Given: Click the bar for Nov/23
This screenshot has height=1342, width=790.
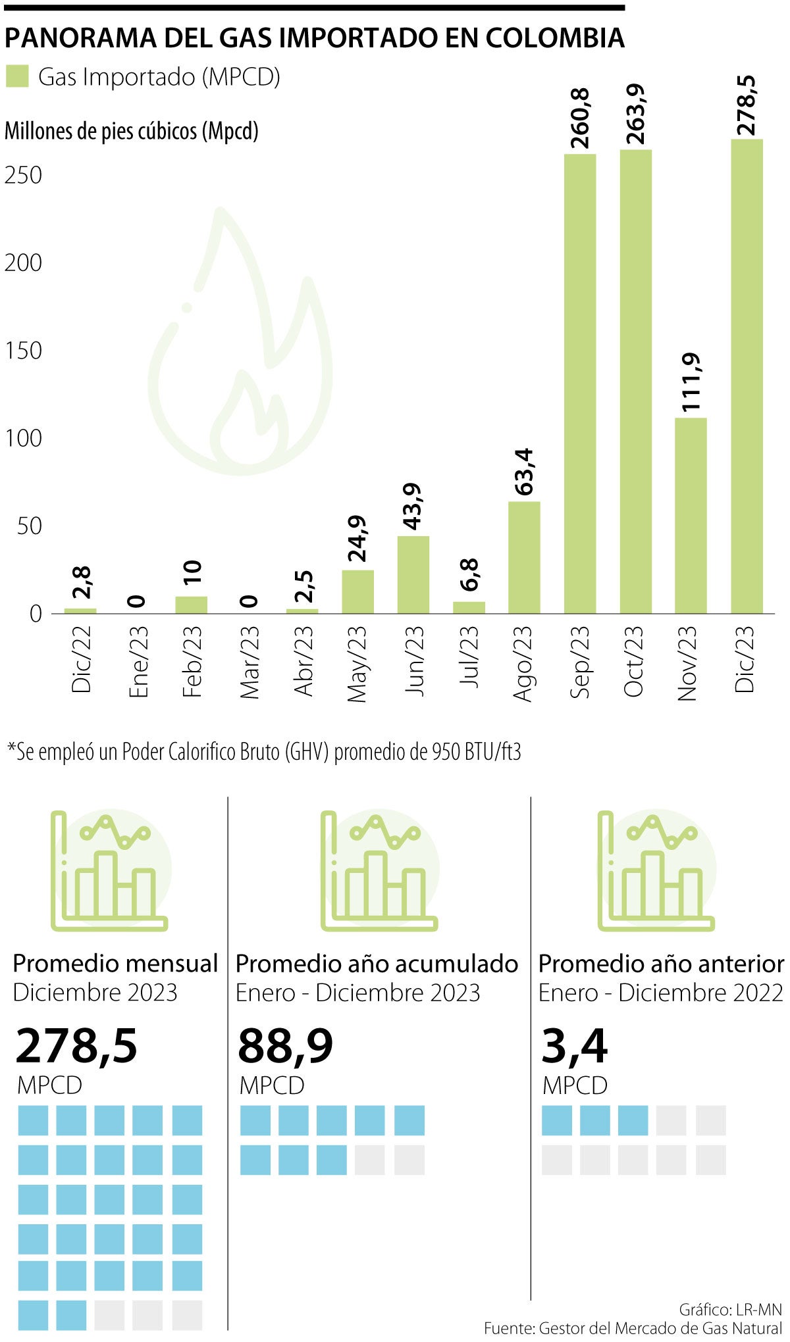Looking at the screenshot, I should pos(691,516).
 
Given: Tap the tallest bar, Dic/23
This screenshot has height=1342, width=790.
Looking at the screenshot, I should pos(747,376).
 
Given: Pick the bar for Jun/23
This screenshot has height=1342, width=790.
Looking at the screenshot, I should pos(413,575).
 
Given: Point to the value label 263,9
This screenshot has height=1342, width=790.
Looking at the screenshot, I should pos(636,114).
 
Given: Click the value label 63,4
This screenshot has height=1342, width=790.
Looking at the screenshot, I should pos(525,472).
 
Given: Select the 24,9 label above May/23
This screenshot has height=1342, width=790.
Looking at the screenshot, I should pos(357,539).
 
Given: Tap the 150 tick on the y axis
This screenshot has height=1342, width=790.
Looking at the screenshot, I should pos(23,351).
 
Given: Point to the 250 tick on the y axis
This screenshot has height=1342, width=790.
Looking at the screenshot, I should pos(23,175).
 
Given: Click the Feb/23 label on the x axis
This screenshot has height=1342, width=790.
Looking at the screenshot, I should pos(192,661).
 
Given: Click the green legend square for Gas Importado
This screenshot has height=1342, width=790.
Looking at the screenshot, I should pos(17,76).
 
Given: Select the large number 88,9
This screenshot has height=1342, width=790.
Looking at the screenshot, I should pos(285,1046).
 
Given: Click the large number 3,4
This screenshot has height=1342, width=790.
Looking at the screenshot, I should pos(574,1046).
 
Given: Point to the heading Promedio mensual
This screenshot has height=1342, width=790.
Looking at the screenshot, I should pos(115,964).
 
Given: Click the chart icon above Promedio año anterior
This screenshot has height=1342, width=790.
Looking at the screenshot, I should pos(656,870).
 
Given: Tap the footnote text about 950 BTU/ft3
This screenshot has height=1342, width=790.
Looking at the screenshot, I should pos(263,751).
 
